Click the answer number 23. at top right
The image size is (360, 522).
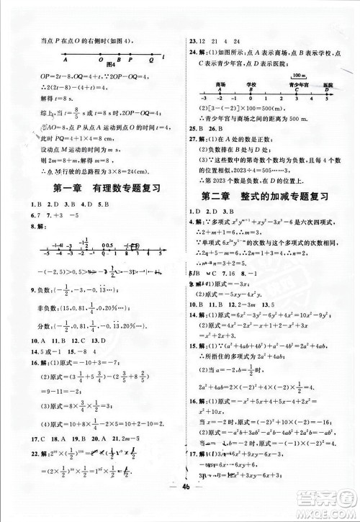[193, 41]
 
